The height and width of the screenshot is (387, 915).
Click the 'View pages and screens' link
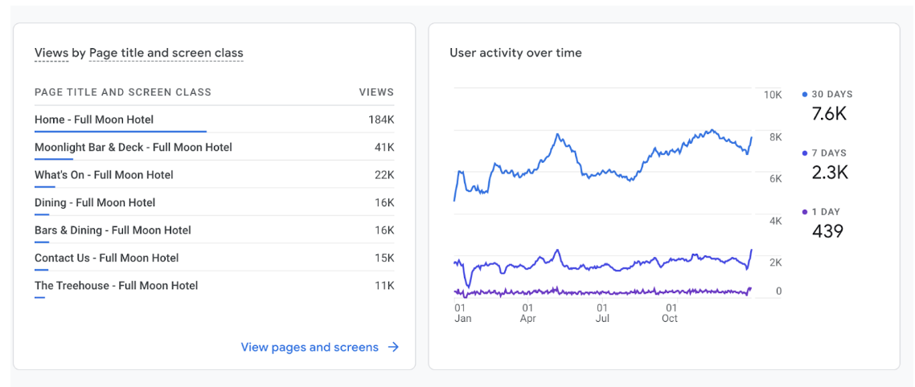(310, 347)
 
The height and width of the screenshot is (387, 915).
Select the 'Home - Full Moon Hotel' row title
(94, 120)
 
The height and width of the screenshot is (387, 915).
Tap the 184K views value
(381, 120)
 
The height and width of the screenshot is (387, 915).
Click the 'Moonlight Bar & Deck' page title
(133, 147)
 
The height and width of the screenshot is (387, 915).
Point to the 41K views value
(384, 147)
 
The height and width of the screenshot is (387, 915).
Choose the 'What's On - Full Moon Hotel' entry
(104, 175)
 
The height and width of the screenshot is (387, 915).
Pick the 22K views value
(384, 175)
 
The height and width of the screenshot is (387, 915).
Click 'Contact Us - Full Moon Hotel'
(107, 258)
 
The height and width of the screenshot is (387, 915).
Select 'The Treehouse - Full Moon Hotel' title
(116, 285)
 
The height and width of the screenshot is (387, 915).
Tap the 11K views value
(384, 285)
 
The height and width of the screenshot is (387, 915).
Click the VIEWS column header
(376, 92)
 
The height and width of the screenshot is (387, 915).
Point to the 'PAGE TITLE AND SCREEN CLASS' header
(123, 92)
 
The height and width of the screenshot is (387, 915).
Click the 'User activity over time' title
(515, 53)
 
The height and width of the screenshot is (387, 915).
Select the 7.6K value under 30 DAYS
(829, 113)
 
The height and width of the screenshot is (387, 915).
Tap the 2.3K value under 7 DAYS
(830, 172)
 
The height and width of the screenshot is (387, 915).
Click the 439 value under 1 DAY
(827, 231)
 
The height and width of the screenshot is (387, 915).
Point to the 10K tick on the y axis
(772, 95)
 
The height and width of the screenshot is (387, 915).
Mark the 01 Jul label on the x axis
(602, 313)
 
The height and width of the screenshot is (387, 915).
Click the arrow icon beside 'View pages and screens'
(393, 347)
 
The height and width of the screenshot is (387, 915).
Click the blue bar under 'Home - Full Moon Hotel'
(121, 131)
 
